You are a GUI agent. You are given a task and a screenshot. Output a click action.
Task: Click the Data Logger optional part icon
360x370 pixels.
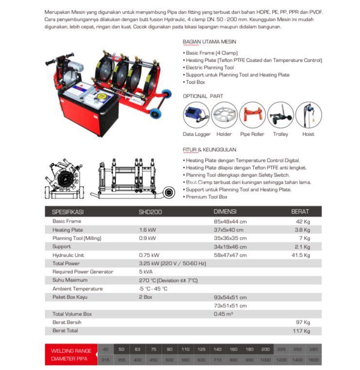click(x=196, y=115)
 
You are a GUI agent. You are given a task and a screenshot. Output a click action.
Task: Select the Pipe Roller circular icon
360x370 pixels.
click(x=252, y=115)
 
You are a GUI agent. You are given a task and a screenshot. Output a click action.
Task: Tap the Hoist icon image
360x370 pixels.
click(x=308, y=115)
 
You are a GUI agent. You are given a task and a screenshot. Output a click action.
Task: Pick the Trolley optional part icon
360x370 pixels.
click(x=280, y=115)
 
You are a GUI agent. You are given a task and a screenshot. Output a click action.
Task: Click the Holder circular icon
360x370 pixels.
click(x=224, y=115)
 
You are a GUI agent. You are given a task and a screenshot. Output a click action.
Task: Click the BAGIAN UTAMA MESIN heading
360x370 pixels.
click(x=209, y=42)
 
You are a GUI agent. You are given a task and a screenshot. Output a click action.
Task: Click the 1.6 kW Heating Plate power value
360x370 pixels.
click(x=147, y=230)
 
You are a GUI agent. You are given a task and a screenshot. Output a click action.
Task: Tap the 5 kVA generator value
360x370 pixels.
click(x=146, y=272)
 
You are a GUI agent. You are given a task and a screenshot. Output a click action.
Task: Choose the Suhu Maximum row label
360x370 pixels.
click(x=70, y=280)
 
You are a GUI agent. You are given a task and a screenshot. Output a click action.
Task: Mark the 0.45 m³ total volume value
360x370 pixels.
click(x=223, y=314)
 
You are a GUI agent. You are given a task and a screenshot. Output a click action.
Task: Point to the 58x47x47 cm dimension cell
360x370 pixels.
click(x=230, y=255)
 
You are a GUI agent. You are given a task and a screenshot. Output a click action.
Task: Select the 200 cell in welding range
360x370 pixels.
click(x=265, y=349)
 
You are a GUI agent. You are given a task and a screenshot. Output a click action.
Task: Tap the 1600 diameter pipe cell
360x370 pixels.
click(x=313, y=360)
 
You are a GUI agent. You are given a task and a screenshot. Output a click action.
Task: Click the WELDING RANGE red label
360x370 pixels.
click(x=71, y=350)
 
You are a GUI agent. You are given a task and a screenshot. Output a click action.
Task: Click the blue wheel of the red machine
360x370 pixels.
click(x=155, y=114)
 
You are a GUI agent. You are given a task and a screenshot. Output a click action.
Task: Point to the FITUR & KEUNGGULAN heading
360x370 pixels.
click(x=209, y=150)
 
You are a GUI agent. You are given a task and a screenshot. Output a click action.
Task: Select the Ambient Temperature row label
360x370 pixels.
click(x=77, y=288)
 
